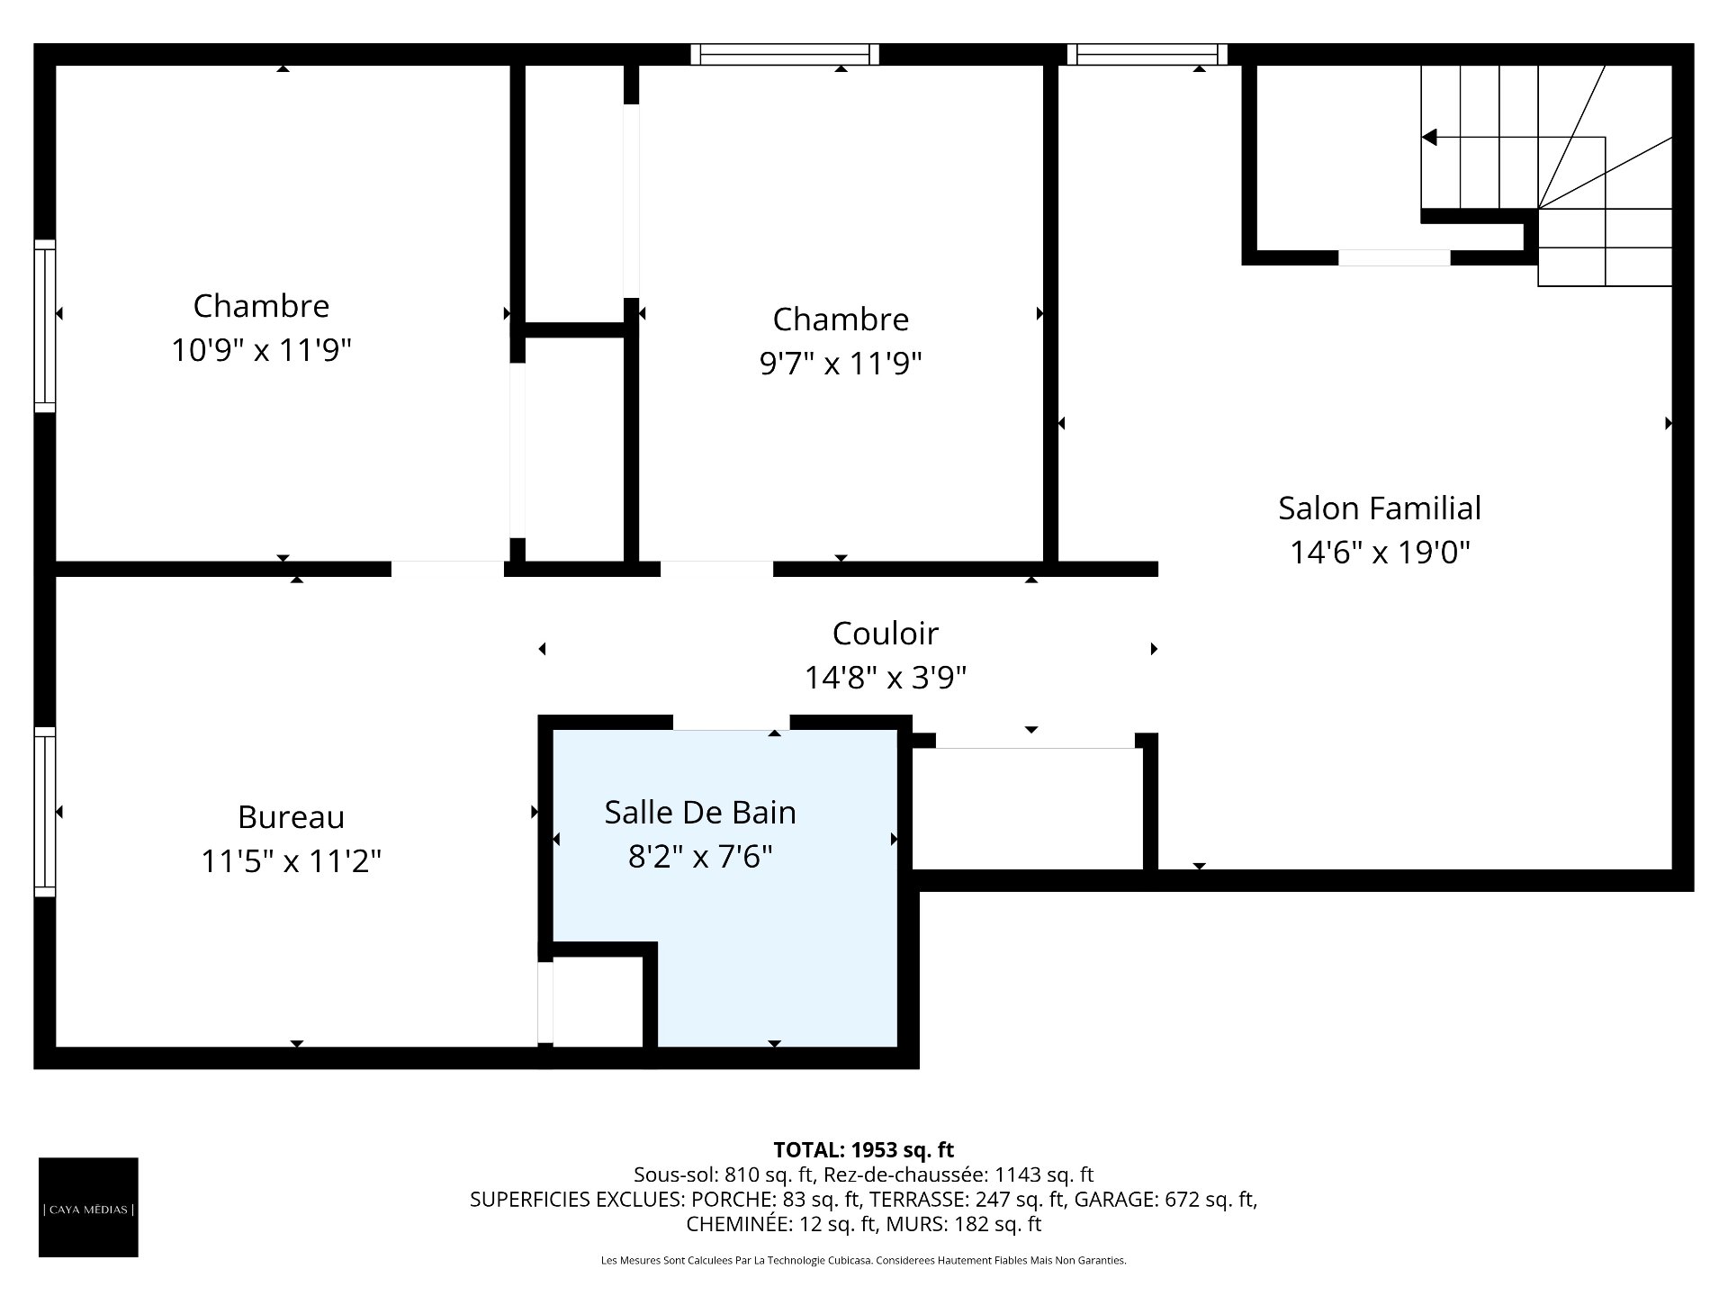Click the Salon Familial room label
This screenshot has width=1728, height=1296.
(1380, 508)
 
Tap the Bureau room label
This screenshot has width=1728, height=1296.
(291, 817)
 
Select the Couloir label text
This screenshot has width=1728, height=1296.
(886, 634)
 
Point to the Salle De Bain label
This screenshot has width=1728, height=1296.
(700, 813)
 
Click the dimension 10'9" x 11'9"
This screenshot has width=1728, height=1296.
(261, 349)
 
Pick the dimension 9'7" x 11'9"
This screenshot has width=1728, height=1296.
(841, 363)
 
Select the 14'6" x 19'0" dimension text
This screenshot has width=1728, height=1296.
(1380, 552)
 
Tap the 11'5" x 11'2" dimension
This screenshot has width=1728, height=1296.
(291, 861)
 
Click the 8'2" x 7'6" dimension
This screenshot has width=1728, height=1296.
(700, 856)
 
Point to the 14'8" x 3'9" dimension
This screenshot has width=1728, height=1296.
(886, 677)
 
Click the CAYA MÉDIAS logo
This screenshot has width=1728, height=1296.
(88, 1207)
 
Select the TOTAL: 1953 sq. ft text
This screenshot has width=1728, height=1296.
(864, 1149)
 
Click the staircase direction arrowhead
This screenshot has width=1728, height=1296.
(1429, 138)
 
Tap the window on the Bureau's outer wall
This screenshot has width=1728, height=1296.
(45, 812)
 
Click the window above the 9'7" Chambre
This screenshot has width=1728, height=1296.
(785, 54)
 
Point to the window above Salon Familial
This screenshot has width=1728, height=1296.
(1147, 54)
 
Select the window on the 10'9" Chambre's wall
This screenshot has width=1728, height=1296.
(45, 326)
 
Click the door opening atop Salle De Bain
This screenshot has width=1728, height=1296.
(732, 723)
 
